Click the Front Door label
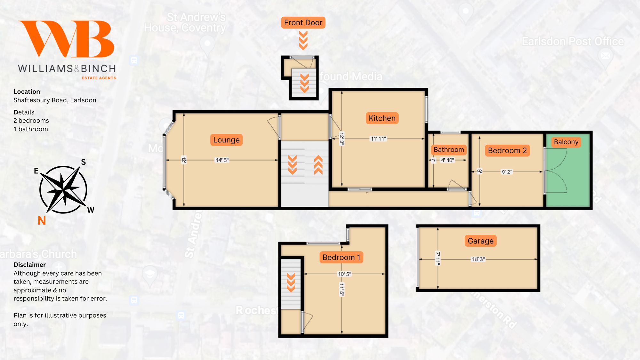pos(303,23)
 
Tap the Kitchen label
pos(382,118)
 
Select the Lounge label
pos(226,140)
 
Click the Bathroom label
pos(449,149)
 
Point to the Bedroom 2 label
pos(507,150)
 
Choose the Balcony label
pos(566,142)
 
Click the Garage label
pos(480,241)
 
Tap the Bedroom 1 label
pos(341,257)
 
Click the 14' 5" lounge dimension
pos(222,160)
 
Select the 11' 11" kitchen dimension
pos(378,139)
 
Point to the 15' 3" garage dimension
pos(478,259)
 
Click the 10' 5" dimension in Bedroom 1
pos(344,274)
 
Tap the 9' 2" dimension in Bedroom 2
pos(507,172)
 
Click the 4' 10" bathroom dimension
pos(447,160)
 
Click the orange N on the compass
pos(42,220)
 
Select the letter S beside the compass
pos(83,162)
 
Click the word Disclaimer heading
pos(29,265)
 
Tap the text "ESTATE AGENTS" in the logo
pos(99,78)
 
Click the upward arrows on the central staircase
pos(318,165)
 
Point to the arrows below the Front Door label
pos(303,40)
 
